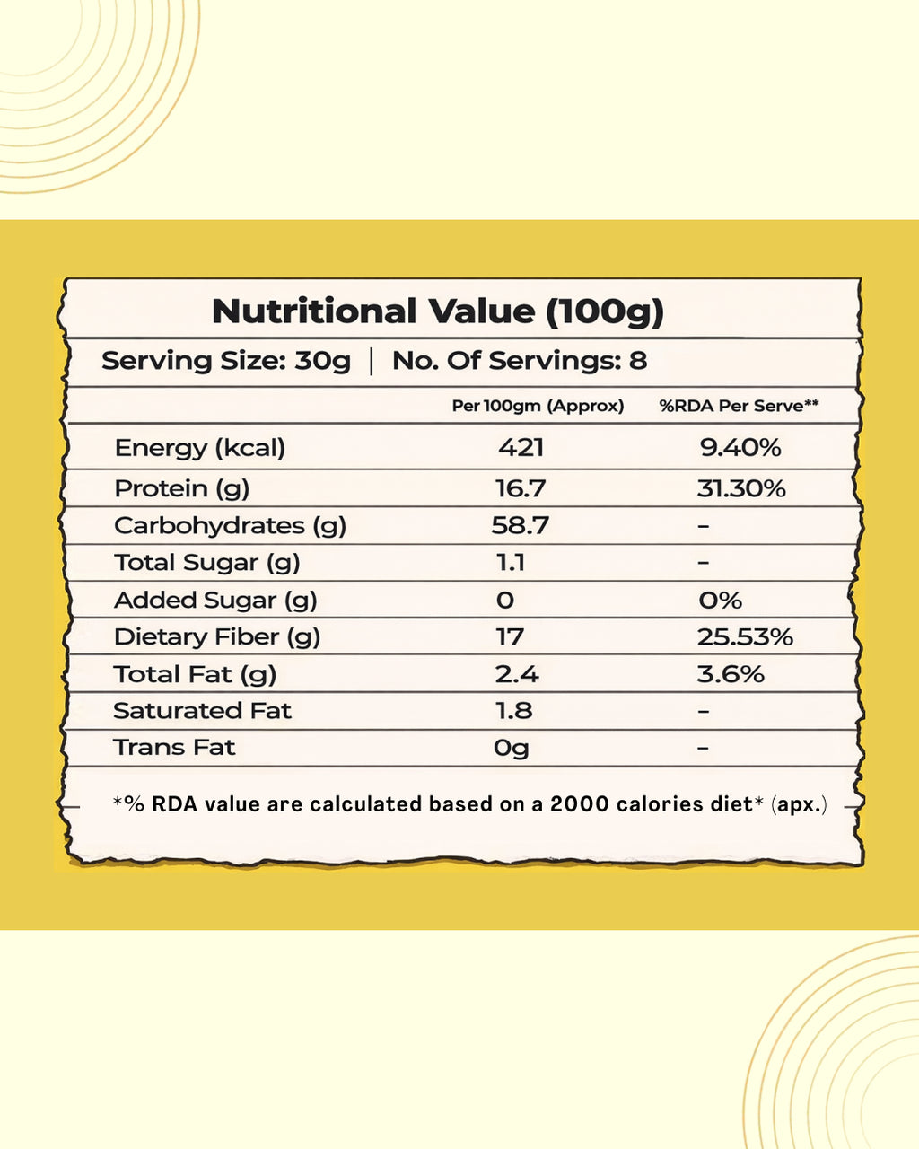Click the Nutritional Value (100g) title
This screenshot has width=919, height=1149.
(437, 311)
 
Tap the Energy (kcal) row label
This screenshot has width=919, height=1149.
(199, 447)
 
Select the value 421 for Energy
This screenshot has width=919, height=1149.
(521, 447)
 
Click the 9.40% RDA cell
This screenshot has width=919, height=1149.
(740, 447)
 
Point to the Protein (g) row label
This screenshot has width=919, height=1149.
(181, 488)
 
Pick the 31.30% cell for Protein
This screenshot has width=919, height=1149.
(741, 488)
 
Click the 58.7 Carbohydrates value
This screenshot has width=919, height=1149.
(520, 525)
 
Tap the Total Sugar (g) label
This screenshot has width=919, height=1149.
(206, 563)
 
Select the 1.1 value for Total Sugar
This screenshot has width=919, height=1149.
(510, 563)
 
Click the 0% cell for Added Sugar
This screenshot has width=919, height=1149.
(720, 600)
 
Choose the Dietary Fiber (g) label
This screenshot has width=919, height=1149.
(216, 637)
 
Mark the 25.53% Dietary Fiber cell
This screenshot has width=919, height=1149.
(745, 637)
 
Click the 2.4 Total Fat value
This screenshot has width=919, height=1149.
(516, 674)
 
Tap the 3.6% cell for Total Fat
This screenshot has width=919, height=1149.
(731, 674)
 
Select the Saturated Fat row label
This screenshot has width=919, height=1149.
(202, 711)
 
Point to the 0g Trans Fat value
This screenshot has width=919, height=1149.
(511, 748)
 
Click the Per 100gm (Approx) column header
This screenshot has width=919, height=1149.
(538, 406)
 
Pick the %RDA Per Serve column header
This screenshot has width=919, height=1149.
(739, 406)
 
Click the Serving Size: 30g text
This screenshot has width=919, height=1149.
(225, 361)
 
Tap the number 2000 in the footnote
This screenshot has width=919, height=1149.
(580, 803)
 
